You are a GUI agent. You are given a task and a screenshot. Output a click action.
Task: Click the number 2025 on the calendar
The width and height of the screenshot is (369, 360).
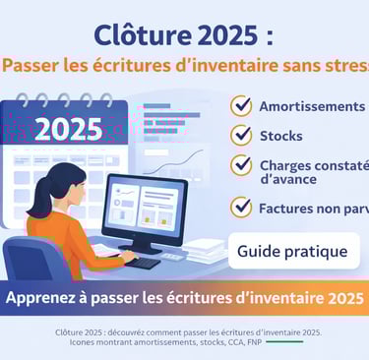tap(68, 129)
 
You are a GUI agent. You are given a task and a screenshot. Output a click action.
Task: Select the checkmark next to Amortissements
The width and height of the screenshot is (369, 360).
tap(241, 106)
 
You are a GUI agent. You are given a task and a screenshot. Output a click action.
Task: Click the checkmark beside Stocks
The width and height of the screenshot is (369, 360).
tap(241, 135)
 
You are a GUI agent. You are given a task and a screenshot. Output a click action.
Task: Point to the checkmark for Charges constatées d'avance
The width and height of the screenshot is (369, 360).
tap(241, 166)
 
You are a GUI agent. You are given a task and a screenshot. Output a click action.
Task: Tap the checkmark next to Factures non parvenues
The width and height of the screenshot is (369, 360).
tap(241, 208)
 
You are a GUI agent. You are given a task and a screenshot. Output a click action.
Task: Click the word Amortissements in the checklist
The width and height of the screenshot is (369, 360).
tap(312, 106)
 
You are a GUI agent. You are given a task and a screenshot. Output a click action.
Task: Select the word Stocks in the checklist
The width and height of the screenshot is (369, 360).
tap(280, 136)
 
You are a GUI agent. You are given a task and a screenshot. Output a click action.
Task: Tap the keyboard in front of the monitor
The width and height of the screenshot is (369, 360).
tap(144, 262)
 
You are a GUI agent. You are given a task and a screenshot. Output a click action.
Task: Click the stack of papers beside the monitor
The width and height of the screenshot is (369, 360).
tap(207, 251)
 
